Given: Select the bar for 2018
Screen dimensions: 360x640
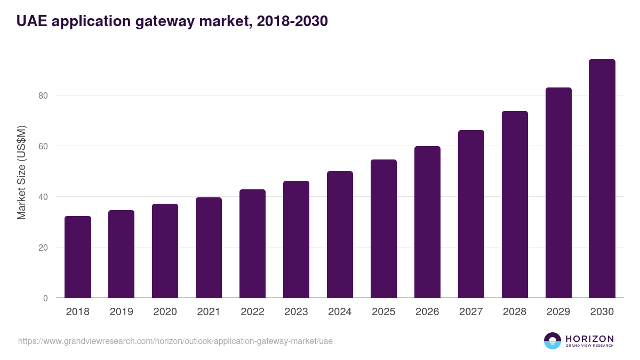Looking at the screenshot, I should click(78, 257).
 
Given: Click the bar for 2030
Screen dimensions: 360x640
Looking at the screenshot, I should click(602, 179).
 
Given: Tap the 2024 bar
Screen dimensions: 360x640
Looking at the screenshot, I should click(340, 235).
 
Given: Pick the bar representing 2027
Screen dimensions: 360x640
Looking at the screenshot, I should click(471, 214).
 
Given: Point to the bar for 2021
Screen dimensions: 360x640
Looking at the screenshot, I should click(209, 247).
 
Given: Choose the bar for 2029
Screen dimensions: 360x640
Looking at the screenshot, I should click(558, 193).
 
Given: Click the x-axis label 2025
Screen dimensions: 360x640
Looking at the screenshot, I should click(383, 311).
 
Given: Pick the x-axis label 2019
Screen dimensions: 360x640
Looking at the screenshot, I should click(122, 311).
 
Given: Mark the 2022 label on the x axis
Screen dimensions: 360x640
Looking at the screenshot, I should click(252, 311).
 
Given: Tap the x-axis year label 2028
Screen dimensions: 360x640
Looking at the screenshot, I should click(515, 311).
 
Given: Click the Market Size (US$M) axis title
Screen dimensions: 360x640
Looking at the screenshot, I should click(21, 173).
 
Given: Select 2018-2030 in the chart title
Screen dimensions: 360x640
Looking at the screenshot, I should click(292, 21).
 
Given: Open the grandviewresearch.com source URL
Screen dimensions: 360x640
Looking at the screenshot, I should click(175, 341).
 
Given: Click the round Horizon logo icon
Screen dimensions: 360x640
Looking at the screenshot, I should click(553, 341).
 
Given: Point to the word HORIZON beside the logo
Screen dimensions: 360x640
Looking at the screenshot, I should click(589, 339).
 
